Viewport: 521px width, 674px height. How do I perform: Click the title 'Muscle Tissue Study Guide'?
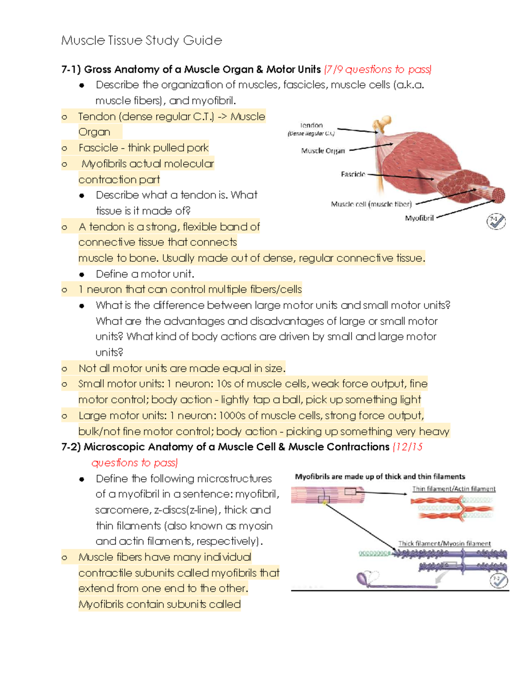coord(142,41)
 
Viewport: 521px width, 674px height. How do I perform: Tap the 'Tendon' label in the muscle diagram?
coord(311,125)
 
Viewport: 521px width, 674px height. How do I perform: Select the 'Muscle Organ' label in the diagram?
coord(323,151)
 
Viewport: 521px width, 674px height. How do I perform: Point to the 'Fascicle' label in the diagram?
coord(353,174)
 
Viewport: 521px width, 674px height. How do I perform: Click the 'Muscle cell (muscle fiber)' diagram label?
coord(371,204)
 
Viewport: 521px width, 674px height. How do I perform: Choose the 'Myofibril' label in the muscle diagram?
coord(419,218)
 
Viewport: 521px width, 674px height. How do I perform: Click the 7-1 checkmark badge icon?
coord(496,221)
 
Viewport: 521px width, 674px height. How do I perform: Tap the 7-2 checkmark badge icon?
coord(498,581)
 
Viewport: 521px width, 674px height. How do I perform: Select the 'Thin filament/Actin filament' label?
coord(454,489)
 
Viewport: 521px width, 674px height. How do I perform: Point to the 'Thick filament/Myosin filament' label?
coord(445,543)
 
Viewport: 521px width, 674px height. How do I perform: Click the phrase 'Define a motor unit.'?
coord(145,274)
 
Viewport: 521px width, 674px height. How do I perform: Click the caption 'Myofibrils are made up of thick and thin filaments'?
coord(380,477)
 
